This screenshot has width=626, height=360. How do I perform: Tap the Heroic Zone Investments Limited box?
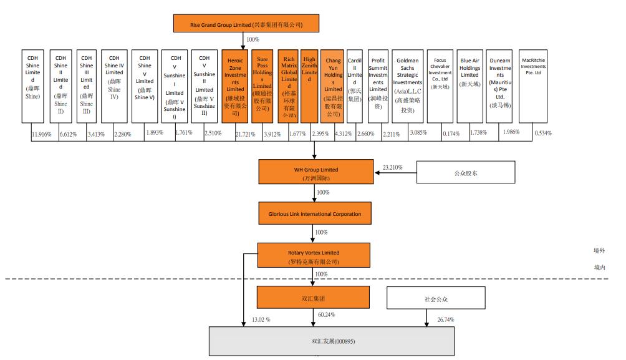coord(235,85)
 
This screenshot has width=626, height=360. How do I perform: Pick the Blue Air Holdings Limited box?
coord(469,85)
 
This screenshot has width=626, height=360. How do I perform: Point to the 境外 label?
coord(599,250)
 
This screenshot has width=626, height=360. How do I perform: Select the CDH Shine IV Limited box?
coord(114,85)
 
